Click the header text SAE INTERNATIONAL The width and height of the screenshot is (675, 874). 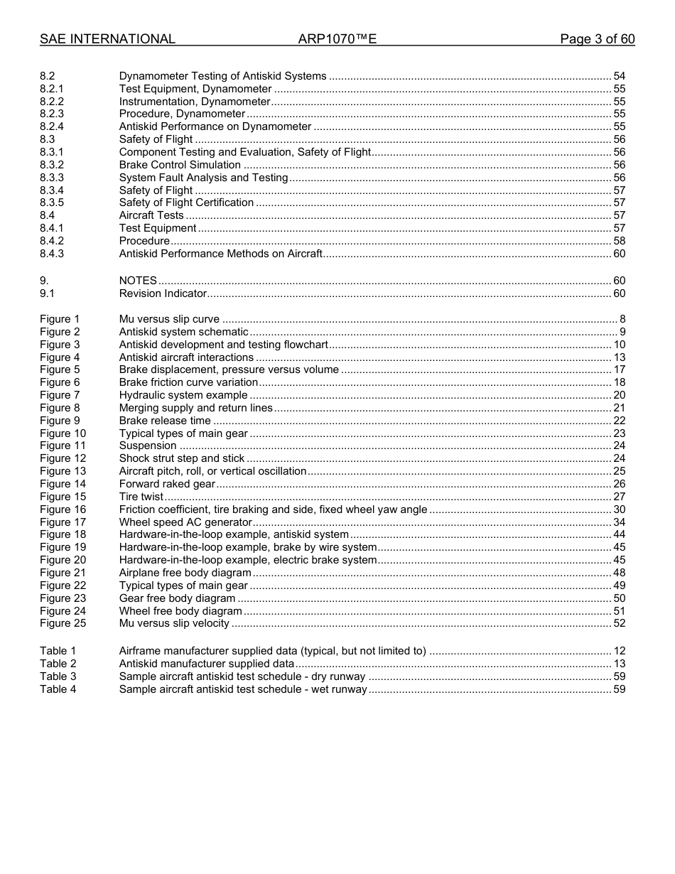point(107,39)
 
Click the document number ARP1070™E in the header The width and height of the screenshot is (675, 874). point(337,39)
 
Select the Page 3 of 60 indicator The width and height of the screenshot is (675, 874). point(597,39)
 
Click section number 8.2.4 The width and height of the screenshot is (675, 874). point(52,126)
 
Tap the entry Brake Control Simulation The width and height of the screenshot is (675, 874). point(180,165)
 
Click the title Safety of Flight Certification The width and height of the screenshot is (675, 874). point(186,203)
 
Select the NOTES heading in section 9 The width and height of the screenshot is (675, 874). point(138,281)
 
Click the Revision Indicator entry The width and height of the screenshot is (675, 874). point(163,293)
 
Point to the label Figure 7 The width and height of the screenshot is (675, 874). point(60,395)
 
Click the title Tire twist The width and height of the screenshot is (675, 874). point(141,497)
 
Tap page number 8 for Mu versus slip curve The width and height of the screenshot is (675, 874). point(622,319)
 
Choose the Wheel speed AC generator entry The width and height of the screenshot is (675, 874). point(185,522)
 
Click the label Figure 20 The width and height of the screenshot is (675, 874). point(63,560)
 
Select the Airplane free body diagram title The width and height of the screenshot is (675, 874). point(185,573)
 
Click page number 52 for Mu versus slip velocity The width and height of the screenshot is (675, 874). point(619,624)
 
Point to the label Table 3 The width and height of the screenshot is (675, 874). point(58,676)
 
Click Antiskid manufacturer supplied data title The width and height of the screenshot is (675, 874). point(206,664)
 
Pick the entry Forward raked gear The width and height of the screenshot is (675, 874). point(166,484)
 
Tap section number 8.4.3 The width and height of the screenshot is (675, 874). point(52,254)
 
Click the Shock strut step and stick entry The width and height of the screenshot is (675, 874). point(181,458)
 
